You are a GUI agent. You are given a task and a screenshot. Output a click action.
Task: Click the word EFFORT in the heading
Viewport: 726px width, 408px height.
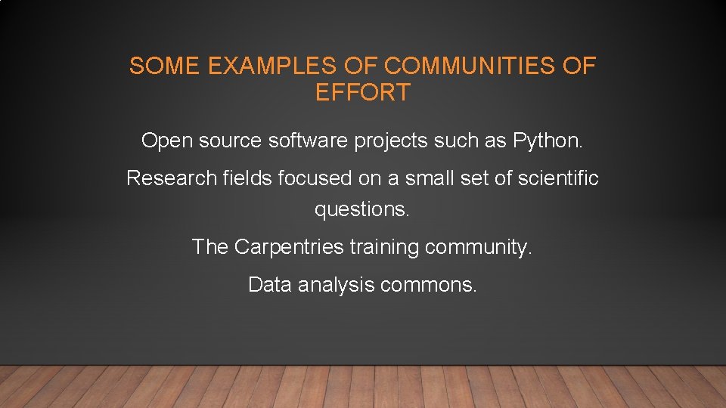[x=363, y=93]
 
